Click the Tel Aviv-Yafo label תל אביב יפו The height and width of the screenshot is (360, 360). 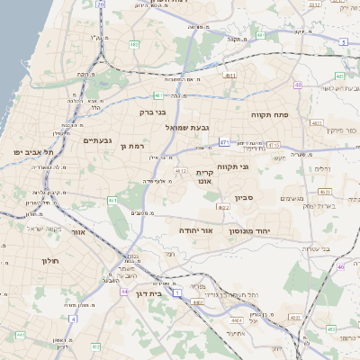(x=29, y=152)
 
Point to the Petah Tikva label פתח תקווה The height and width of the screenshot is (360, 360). (x=274, y=115)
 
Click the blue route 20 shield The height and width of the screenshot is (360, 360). (x=101, y=4)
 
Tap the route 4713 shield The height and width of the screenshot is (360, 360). (x=274, y=144)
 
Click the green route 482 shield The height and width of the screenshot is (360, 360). (x=133, y=42)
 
